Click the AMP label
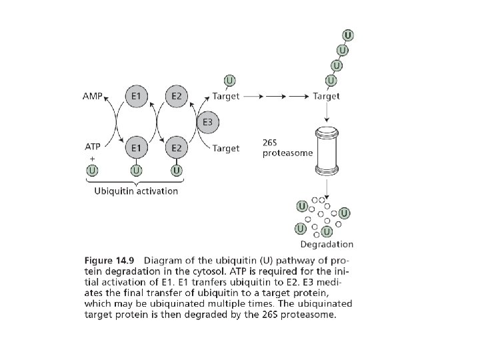tap(92, 97)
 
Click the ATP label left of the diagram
tap(93, 146)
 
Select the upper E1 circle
tap(135, 97)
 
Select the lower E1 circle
tap(135, 147)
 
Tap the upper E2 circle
tap(176, 97)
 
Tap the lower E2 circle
tap(176, 147)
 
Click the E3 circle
tap(207, 122)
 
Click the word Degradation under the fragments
tap(327, 245)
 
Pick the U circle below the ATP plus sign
tap(93, 171)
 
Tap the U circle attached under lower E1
tap(135, 171)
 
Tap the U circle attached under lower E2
tap(176, 171)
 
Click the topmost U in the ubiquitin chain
tap(348, 35)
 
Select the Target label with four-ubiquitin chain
tap(326, 97)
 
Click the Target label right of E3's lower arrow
tap(225, 148)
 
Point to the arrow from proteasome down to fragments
tap(327, 185)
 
